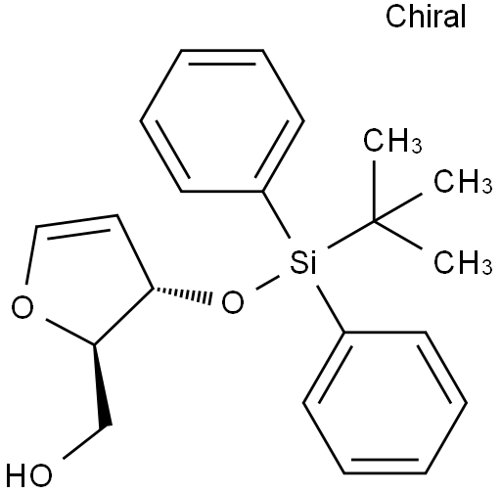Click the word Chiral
pyautogui.click(x=426, y=17)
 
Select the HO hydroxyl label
pyautogui.click(x=28, y=474)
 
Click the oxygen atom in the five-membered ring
pyautogui.click(x=23, y=307)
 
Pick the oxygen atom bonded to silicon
pyautogui.click(x=233, y=302)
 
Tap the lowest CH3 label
pyautogui.click(x=463, y=262)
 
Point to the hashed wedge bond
pyautogui.click(x=182, y=295)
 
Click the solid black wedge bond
pyautogui.click(x=102, y=384)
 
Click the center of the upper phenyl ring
pyautogui.click(x=222, y=120)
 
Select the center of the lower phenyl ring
pyautogui.click(x=385, y=402)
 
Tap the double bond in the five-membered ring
pyautogui.click(x=77, y=221)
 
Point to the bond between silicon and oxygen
pyautogui.click(x=267, y=283)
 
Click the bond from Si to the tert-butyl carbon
pyautogui.click(x=350, y=235)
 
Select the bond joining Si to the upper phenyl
pyautogui.click(x=276, y=214)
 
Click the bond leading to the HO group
pyautogui.click(x=86, y=442)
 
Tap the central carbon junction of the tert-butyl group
pyautogui.click(x=375, y=222)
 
